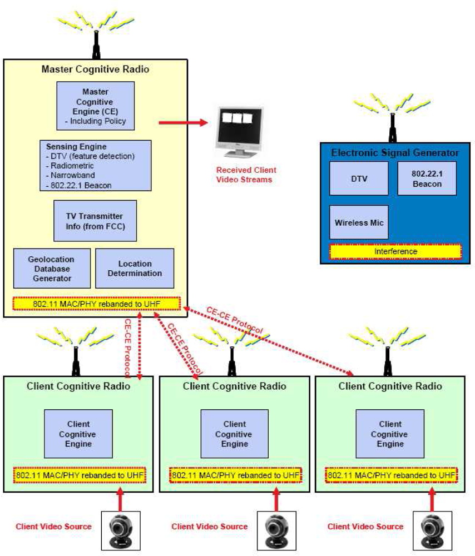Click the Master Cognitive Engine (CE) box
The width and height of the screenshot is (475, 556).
(95, 106)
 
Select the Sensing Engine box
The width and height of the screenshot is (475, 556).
(95, 165)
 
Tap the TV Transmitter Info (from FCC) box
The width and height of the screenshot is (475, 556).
(95, 221)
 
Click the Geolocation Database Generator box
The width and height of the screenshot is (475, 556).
(51, 268)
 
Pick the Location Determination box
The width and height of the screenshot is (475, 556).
(135, 268)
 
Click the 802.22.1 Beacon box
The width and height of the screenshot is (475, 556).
(427, 178)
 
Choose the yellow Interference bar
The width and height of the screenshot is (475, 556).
(395, 252)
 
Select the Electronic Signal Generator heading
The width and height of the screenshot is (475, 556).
(395, 152)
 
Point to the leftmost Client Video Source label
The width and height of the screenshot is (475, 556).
(53, 526)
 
